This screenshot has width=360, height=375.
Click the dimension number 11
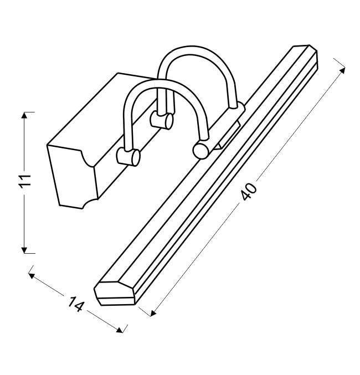click(25, 181)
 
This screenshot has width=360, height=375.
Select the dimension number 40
click(249, 191)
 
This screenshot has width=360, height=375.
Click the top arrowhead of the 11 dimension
click(24, 116)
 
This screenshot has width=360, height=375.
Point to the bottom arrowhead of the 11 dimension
click(24, 250)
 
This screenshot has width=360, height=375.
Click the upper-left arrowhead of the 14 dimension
click(32, 276)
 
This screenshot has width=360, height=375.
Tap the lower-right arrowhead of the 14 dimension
click(120, 330)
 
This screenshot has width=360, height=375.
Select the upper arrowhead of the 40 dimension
click(342, 70)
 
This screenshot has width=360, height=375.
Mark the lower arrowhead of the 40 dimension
click(153, 313)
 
